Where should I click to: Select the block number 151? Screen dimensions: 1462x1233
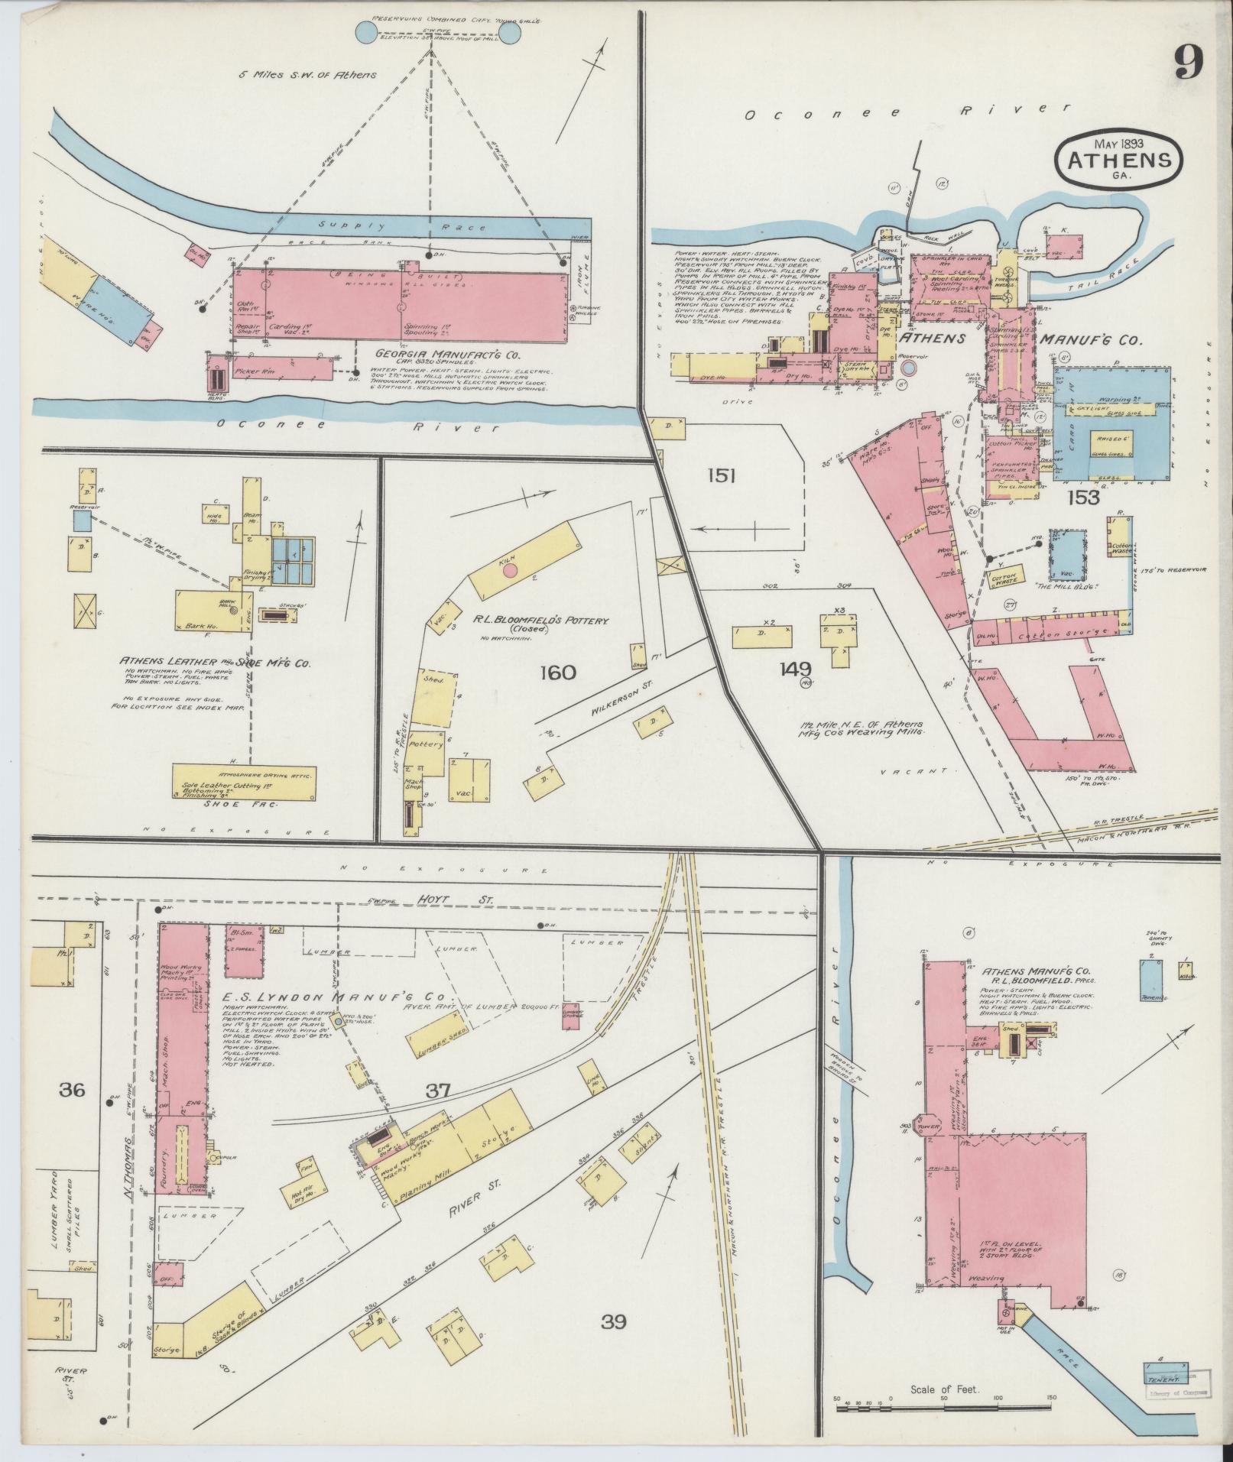[x=721, y=477]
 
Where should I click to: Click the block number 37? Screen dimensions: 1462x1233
[x=437, y=1091]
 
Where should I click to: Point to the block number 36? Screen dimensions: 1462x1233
[x=72, y=1090]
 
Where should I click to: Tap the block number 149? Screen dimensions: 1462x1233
[x=795, y=669]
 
